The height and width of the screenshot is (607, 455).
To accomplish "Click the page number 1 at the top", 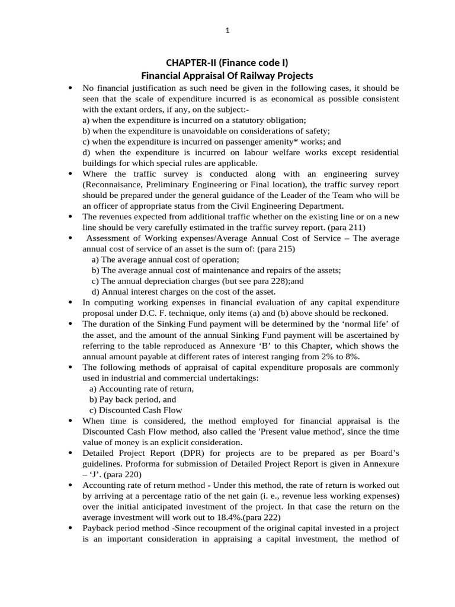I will coord(227,32).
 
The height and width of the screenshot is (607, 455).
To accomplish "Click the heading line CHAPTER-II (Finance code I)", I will coord(227,63).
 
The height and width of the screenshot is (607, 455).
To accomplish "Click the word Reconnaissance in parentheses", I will coord(117,184).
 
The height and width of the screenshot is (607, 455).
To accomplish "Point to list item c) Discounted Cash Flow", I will coord(136,410).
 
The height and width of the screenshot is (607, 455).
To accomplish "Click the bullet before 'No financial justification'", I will coord(71,88).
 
